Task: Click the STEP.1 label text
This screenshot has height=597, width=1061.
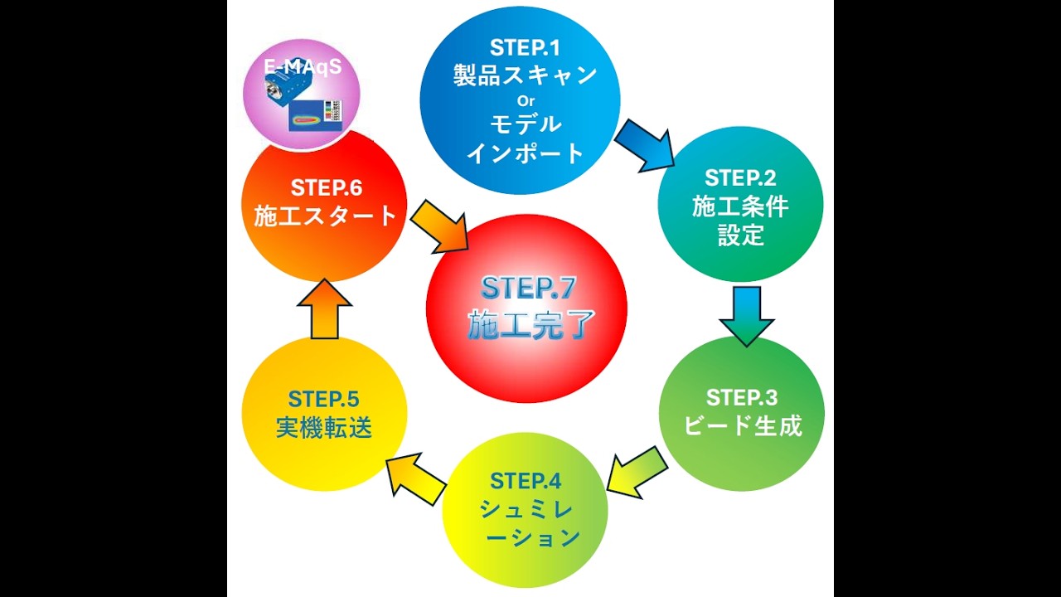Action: pyautogui.click(x=526, y=46)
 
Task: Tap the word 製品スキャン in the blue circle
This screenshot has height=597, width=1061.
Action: pyautogui.click(x=526, y=75)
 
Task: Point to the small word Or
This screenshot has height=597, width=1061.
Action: pyautogui.click(x=526, y=101)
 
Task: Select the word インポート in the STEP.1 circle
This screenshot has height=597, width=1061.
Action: pyautogui.click(x=526, y=153)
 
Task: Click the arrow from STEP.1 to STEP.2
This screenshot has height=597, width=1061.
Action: pyautogui.click(x=645, y=145)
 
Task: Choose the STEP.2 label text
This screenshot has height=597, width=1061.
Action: pyautogui.click(x=740, y=177)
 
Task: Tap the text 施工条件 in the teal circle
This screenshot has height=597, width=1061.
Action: pyautogui.click(x=740, y=206)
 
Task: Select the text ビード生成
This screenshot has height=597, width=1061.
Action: pyautogui.click(x=743, y=426)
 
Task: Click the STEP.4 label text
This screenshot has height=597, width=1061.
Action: pyautogui.click(x=526, y=481)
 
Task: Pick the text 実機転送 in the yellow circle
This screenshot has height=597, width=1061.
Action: pyautogui.click(x=323, y=428)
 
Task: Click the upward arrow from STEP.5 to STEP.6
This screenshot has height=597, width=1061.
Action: pyautogui.click(x=324, y=309)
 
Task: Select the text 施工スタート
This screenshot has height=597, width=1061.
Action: pyautogui.click(x=325, y=216)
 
